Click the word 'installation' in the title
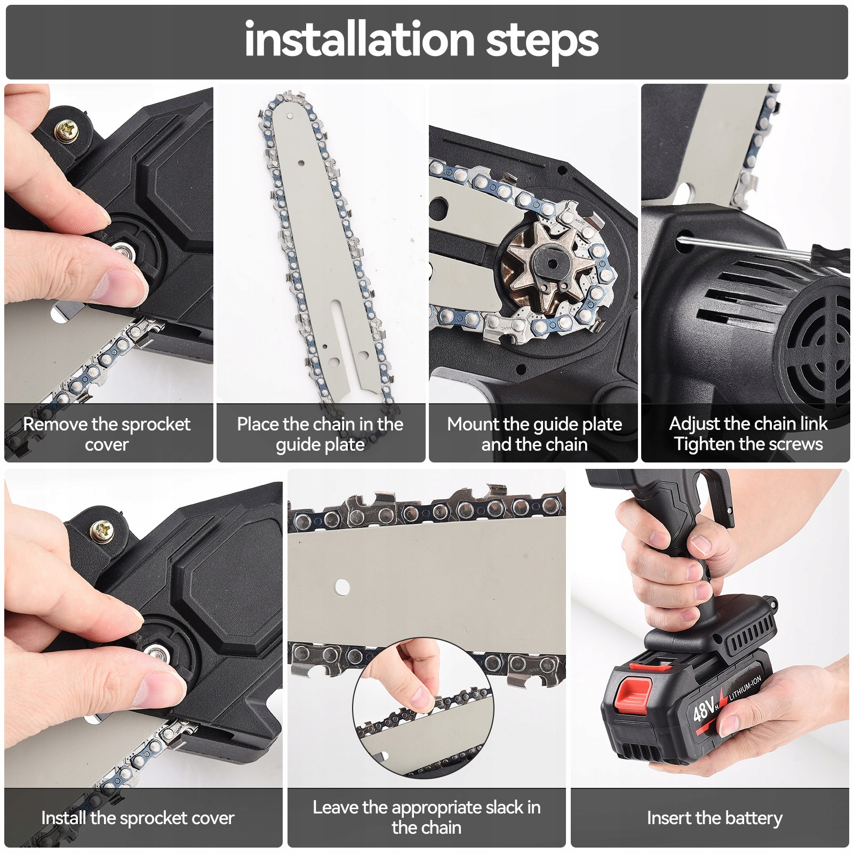360,40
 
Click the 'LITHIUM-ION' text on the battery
745,688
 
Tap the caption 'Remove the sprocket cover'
107,434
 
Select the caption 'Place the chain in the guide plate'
320,434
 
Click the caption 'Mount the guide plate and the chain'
534,434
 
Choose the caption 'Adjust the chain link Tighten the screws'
748,434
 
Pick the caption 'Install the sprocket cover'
138,818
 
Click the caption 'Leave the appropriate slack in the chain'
427,817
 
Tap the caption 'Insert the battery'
715,818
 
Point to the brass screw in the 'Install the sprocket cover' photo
102,531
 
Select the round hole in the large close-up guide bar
342,587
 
